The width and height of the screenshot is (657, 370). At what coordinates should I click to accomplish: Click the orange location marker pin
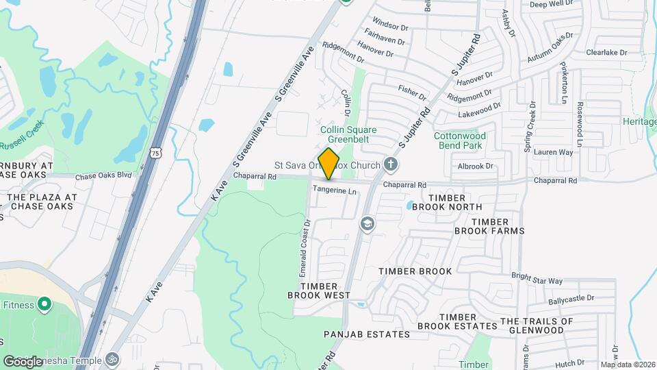pyautogui.click(x=329, y=163)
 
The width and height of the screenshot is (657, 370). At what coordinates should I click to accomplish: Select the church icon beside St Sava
pyautogui.click(x=391, y=164)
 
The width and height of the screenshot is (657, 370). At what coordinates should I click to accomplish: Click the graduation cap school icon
pyautogui.click(x=368, y=224)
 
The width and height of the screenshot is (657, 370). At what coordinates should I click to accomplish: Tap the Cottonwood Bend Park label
pyautogui.click(x=459, y=140)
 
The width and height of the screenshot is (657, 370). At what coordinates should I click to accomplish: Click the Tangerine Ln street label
pyautogui.click(x=335, y=190)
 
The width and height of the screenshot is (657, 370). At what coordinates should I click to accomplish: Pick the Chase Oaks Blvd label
pyautogui.click(x=103, y=175)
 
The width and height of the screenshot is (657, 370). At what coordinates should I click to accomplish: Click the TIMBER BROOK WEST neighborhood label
pyautogui.click(x=319, y=291)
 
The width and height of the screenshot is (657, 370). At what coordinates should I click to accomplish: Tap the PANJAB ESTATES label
pyautogui.click(x=368, y=334)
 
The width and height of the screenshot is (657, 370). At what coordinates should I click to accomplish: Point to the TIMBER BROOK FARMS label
pyautogui.click(x=489, y=226)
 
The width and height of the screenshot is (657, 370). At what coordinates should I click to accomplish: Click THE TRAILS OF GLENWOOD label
pyautogui.click(x=537, y=325)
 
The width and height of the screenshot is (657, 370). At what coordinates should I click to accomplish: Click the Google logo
pyautogui.click(x=23, y=361)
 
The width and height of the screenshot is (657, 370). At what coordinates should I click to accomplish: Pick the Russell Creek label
pyautogui.click(x=21, y=137)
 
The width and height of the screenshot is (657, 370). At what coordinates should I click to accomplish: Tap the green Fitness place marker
pyautogui.click(x=45, y=303)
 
